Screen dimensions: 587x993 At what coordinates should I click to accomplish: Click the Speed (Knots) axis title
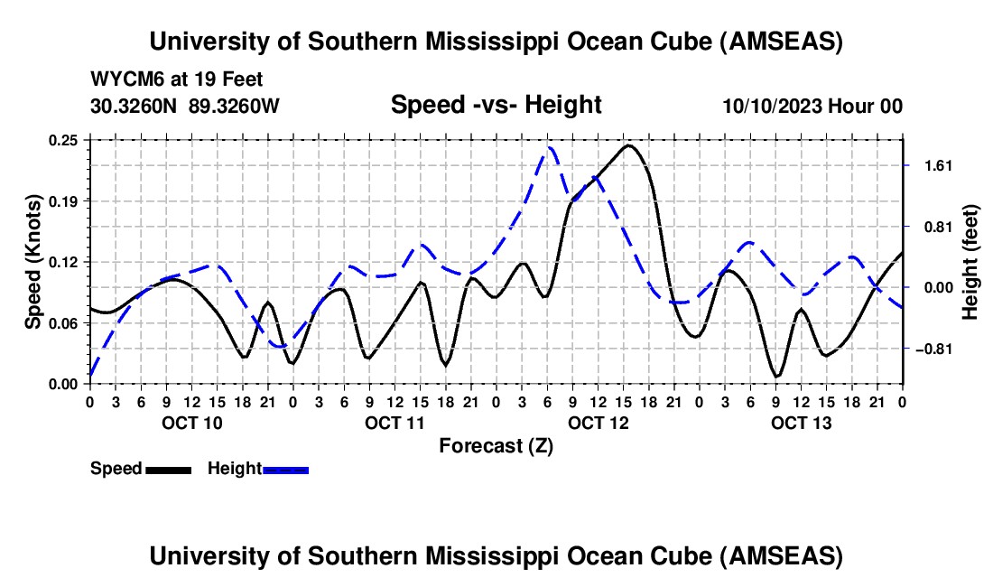point(33,262)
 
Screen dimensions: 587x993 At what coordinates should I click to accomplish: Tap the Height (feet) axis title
point(970,262)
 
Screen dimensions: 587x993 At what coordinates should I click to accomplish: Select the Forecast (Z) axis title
point(496,445)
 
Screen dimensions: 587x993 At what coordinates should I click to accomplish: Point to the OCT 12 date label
point(598,423)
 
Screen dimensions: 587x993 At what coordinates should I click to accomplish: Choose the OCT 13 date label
point(801,423)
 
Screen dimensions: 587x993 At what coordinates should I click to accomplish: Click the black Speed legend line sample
point(167,469)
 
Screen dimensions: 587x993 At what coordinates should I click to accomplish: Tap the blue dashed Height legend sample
point(286,469)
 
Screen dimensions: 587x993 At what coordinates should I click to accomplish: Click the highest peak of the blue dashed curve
point(548,147)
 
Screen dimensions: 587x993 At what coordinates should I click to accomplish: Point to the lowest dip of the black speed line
point(776,376)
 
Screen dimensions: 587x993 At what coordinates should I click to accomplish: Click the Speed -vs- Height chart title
point(496,105)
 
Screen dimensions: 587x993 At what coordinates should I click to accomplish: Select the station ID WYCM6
point(122,80)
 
